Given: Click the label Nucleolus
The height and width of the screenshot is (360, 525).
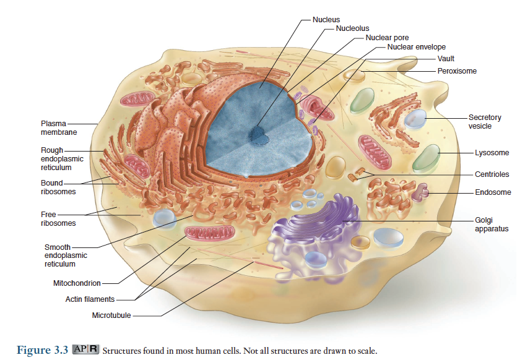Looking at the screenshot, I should tap(352, 28).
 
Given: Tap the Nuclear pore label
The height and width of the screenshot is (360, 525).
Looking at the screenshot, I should tap(387, 38).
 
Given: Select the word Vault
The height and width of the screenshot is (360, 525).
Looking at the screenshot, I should tap(446, 59).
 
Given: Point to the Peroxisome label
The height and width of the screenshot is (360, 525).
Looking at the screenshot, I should tap(457, 71).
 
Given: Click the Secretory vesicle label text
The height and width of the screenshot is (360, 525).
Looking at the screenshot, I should tap(484, 121).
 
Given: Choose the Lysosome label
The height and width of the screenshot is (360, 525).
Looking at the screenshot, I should tap(492, 153).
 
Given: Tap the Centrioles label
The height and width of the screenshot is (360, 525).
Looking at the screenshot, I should tap(493, 174).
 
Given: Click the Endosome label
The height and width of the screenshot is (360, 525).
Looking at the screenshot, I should tap(493, 192).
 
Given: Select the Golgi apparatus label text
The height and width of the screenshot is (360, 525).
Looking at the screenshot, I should tap(492, 224).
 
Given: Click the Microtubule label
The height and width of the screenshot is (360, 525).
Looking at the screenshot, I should tap(111, 315).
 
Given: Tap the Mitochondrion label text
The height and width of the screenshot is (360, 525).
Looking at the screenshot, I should tap(77, 283).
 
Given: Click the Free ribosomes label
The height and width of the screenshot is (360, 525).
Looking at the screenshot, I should tap(58, 219).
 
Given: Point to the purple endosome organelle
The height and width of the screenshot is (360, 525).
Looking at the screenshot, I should tap(423, 192).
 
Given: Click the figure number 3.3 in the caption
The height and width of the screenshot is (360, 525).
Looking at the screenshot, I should tap(59, 351).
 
